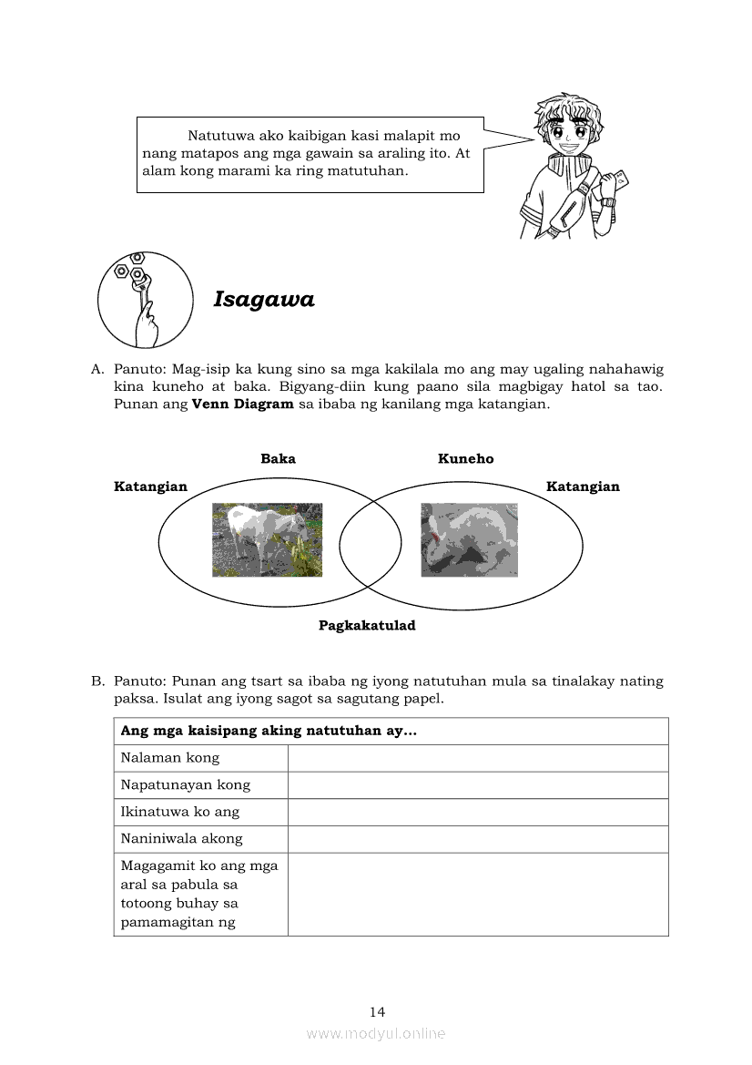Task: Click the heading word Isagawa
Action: click(x=263, y=300)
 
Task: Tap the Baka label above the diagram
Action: click(x=278, y=459)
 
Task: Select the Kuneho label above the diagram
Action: click(x=465, y=459)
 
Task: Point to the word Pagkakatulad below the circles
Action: click(x=367, y=626)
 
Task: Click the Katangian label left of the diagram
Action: click(x=150, y=486)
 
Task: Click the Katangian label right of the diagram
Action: click(x=583, y=486)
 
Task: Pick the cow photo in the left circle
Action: click(x=267, y=539)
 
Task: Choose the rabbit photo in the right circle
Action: click(x=469, y=539)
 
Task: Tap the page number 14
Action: click(x=377, y=1011)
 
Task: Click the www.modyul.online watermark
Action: click(x=376, y=1033)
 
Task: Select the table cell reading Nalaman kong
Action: click(x=170, y=758)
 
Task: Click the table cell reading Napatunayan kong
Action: click(x=186, y=785)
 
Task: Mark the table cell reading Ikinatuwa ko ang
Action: click(x=180, y=812)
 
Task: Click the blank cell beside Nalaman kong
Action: click(x=478, y=758)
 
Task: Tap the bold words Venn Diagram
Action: click(x=243, y=404)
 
